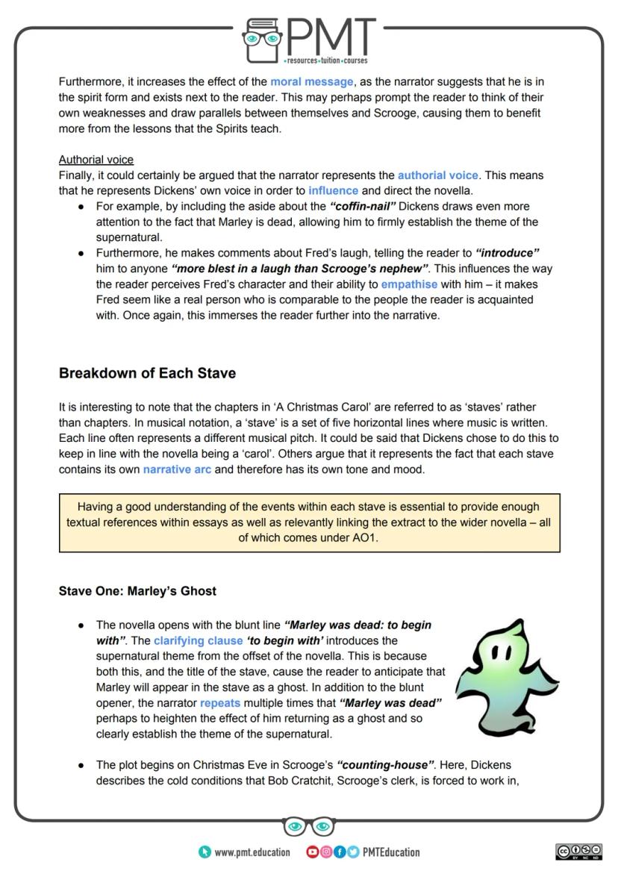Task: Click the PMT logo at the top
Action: pos(309,39)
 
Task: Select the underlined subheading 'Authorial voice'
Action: pos(96,160)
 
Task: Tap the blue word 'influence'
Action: pos(333,190)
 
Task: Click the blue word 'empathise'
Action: pos(409,284)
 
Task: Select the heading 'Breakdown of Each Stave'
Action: pos(147,373)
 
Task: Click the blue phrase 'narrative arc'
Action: pos(177,469)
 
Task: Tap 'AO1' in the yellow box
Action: pos(364,537)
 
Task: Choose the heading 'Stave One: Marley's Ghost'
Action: pos(137,591)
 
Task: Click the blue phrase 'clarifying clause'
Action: pos(199,640)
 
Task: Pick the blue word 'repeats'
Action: pos(220,703)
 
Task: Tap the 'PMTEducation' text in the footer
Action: pos(391,852)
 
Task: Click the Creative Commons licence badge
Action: pos(578,852)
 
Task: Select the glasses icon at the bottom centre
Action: pos(309,826)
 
